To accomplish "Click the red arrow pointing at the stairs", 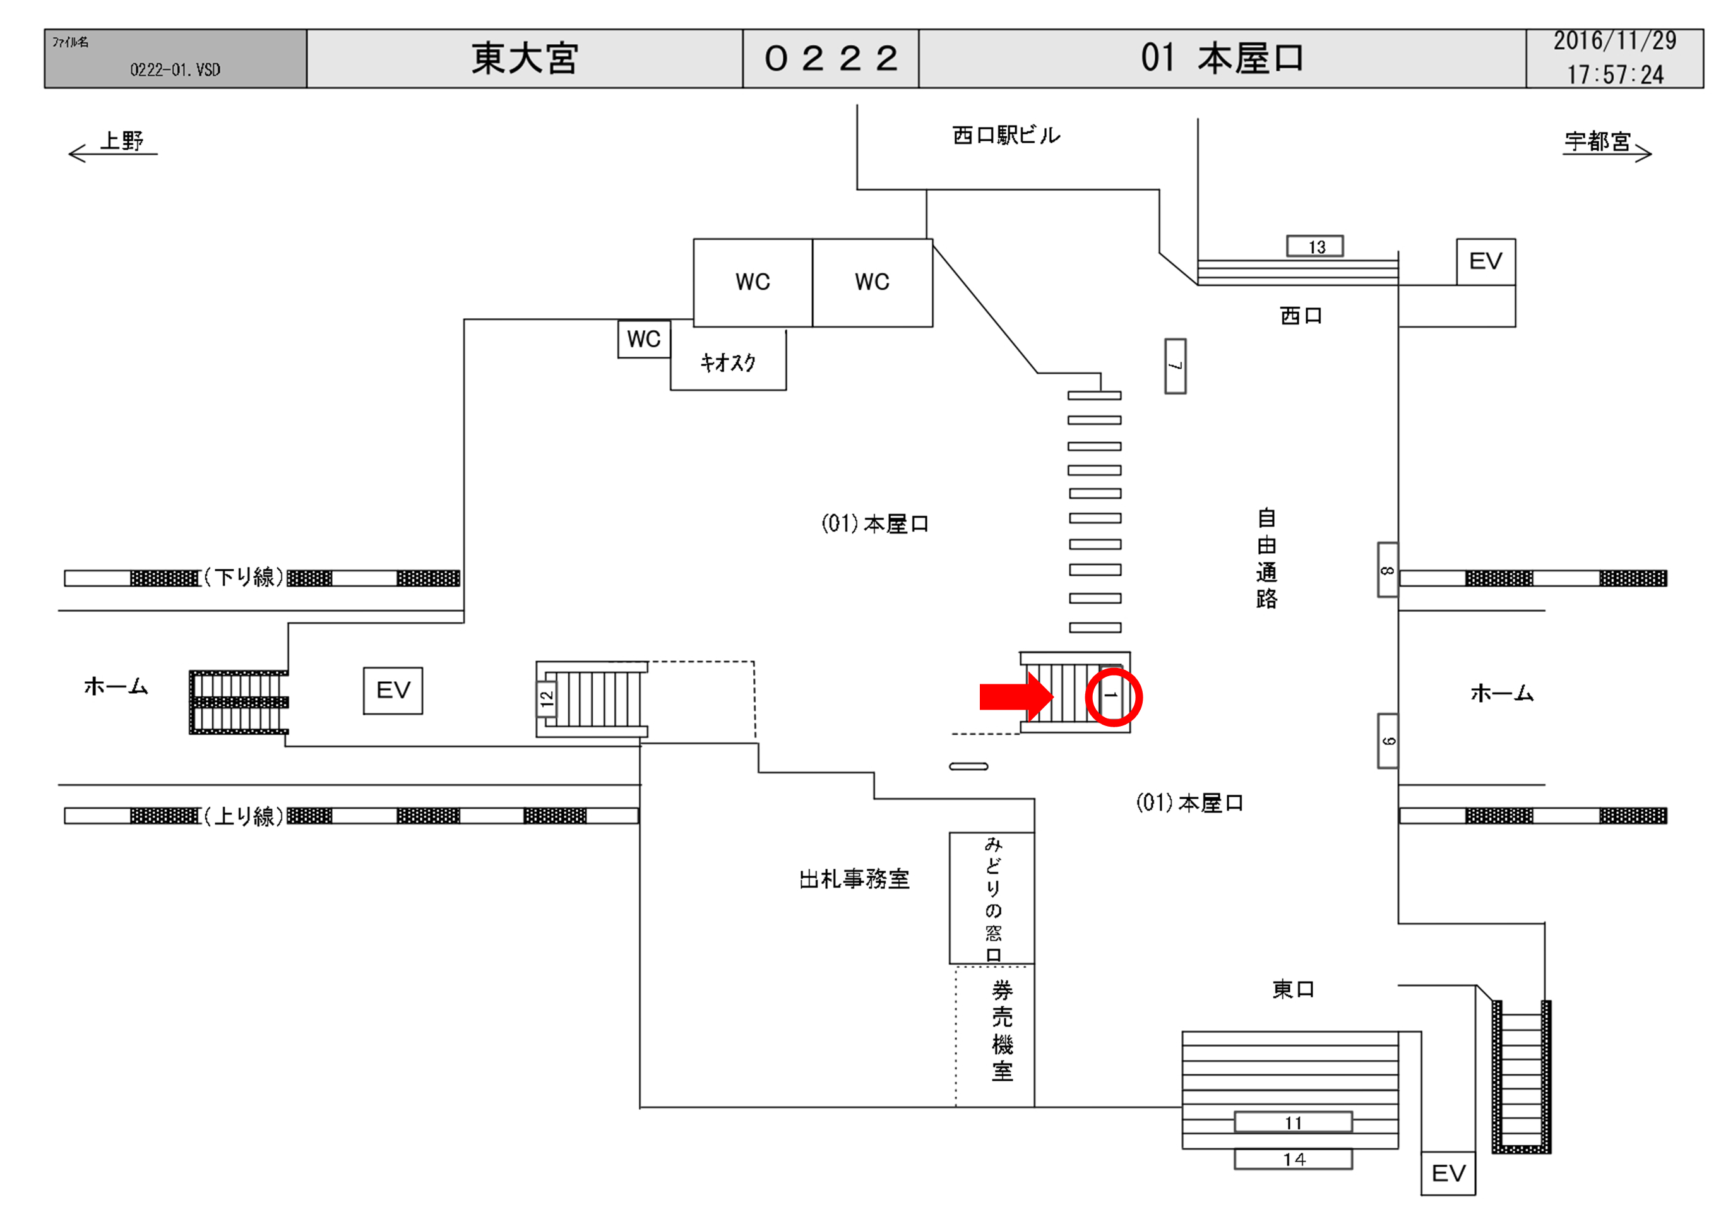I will click(1015, 696).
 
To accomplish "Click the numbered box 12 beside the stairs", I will click(547, 698).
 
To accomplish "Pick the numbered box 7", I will click(1174, 366).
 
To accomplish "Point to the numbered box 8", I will click(1387, 570).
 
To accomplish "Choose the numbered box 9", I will click(1387, 741).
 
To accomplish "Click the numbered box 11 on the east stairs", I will click(1293, 1122).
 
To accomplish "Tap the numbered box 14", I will click(1293, 1159).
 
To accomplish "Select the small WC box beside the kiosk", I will click(644, 339).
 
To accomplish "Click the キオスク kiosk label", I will click(728, 362).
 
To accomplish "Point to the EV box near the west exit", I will click(1486, 261).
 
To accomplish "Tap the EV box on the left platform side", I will click(393, 690).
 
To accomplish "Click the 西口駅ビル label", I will click(1006, 135).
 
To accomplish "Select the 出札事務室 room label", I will click(854, 879).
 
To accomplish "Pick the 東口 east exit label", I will click(1293, 989).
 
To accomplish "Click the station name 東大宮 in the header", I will click(525, 58).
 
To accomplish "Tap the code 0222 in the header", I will click(830, 58).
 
